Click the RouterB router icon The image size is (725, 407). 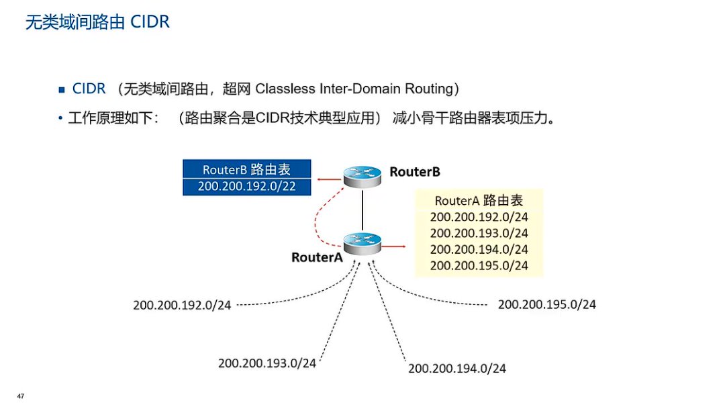click(x=362, y=176)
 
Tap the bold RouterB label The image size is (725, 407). click(x=414, y=172)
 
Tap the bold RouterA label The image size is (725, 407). click(x=317, y=257)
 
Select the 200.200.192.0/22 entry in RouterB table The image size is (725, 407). click(x=246, y=186)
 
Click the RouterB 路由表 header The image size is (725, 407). click(x=246, y=169)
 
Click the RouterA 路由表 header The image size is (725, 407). click(x=479, y=200)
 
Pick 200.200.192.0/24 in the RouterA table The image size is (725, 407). click(x=479, y=217)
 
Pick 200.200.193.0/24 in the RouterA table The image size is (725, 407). click(x=479, y=233)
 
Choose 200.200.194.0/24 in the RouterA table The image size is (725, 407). click(x=479, y=249)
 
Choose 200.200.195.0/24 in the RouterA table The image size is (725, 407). click(x=479, y=265)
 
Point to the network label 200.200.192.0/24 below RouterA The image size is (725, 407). click(x=182, y=305)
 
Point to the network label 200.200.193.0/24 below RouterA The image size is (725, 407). click(x=267, y=363)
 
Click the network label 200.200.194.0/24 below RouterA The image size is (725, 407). click(x=456, y=368)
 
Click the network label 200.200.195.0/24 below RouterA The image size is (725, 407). click(x=546, y=304)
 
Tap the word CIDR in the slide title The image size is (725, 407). click(x=150, y=22)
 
